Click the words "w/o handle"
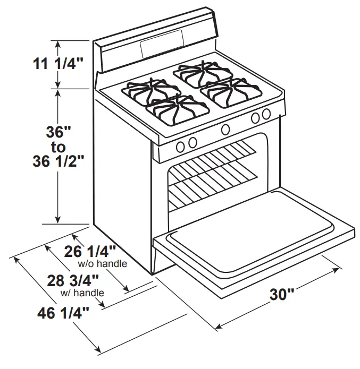click(102, 263)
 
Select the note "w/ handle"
click(82, 292)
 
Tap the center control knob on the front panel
click(225, 128)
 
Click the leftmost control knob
click(181, 144)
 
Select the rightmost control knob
click(266, 114)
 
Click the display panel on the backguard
click(162, 45)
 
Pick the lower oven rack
click(213, 183)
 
